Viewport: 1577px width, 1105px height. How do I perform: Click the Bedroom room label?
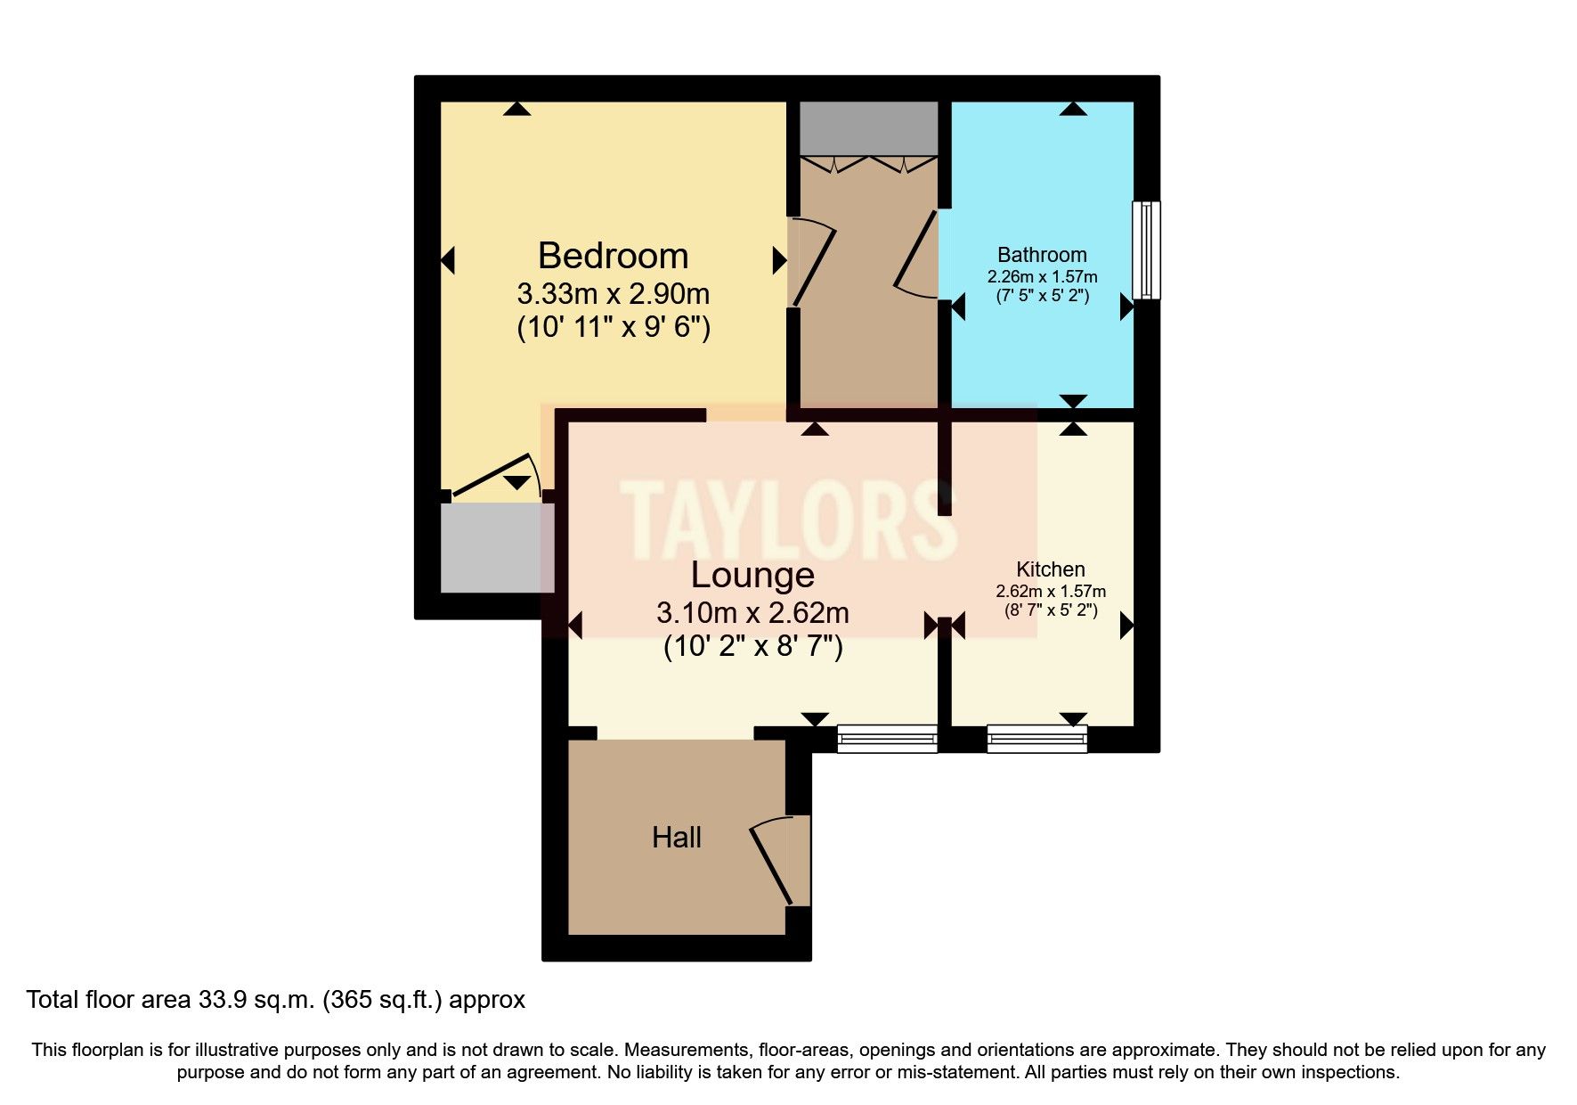pos(613,256)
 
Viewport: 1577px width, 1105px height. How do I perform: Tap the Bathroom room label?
pos(1042,255)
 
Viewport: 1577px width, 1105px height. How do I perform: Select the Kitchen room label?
pos(1051,569)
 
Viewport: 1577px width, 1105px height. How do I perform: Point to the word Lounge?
pos(752,575)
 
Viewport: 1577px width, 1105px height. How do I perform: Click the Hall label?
pos(677,838)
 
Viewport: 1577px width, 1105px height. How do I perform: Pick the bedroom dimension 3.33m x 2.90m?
pos(613,293)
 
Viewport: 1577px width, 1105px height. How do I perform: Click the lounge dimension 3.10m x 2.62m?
pos(752,613)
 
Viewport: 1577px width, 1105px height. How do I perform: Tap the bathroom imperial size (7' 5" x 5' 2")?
pos(1042,295)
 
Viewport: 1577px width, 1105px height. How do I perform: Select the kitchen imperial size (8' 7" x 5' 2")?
pos(1051,610)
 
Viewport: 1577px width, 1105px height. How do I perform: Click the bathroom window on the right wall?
pos(1146,250)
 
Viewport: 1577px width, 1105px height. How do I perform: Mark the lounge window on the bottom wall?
pos(887,739)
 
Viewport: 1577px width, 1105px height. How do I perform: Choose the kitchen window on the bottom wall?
pos(1036,739)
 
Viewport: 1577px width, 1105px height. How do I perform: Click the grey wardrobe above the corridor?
pos(868,128)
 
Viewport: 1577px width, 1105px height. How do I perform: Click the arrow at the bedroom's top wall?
pos(516,109)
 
